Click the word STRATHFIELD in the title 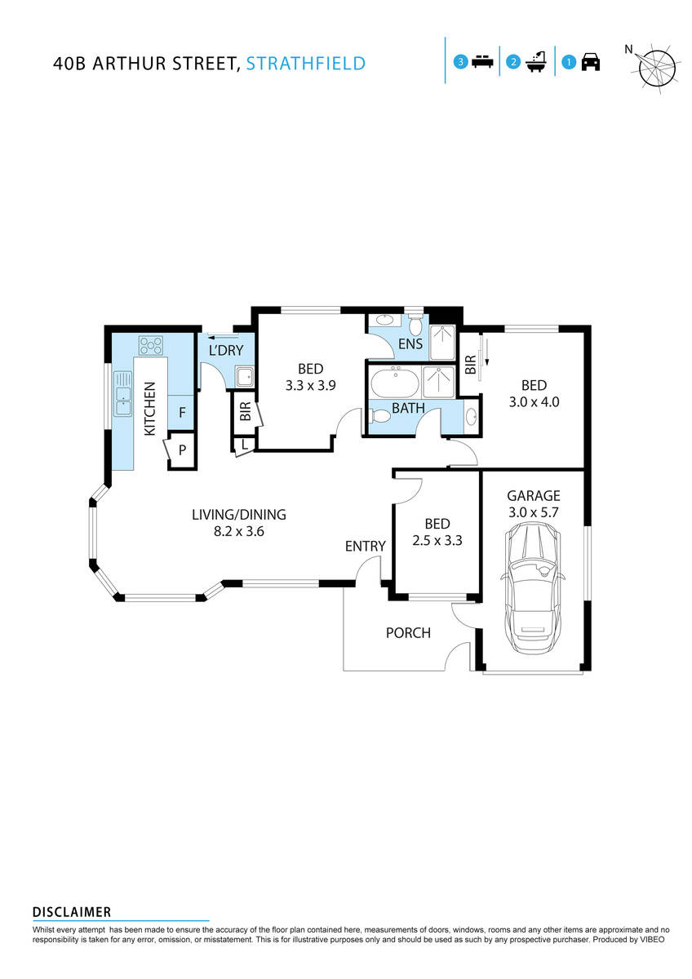(x=306, y=63)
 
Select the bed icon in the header (x=483, y=62)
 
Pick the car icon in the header (x=591, y=62)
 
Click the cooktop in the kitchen (x=151, y=345)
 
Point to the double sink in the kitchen (x=122, y=393)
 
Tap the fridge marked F (x=182, y=413)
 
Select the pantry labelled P (x=182, y=450)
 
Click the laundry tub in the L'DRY (x=243, y=377)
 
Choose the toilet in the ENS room (x=415, y=325)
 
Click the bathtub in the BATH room (x=395, y=381)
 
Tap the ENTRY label (x=365, y=546)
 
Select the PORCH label (x=407, y=633)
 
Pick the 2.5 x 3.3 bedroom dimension (x=437, y=539)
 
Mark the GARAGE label (x=533, y=495)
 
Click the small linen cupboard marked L (x=244, y=444)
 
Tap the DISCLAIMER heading (x=72, y=912)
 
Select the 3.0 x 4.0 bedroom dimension (x=534, y=401)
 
